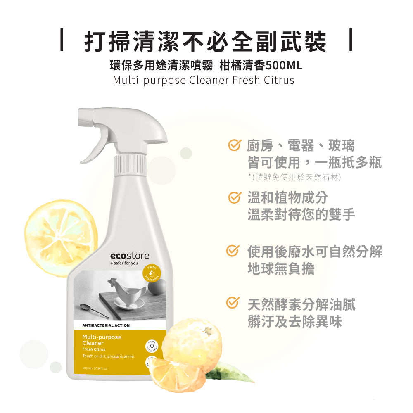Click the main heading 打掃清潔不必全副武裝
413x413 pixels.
205,41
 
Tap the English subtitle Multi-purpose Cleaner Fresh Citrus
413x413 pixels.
204,80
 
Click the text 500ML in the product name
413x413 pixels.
285,65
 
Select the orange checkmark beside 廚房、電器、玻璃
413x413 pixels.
235,145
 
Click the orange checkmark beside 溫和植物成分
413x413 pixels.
235,197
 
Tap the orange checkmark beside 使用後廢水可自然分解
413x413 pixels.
233,251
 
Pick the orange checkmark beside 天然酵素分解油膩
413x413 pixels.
233,303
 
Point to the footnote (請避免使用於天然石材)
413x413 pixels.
294,177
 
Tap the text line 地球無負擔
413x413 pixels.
281,268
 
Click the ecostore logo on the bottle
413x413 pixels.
129,256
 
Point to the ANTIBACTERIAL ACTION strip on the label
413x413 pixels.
106,325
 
